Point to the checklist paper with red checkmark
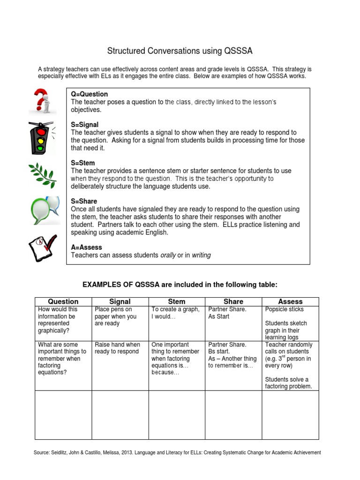(x=43, y=247)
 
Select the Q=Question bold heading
(x=89, y=94)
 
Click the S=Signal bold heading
(x=84, y=125)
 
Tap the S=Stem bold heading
(x=82, y=163)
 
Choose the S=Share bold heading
(x=84, y=202)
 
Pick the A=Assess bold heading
(x=86, y=247)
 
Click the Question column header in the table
(x=63, y=301)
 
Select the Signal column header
(x=120, y=301)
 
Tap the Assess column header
(x=290, y=301)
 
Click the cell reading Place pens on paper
(x=116, y=316)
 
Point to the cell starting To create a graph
(x=175, y=313)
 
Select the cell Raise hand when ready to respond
(x=117, y=348)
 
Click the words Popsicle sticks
(x=284, y=309)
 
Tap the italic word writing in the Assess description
(x=201, y=255)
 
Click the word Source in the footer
(x=44, y=452)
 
